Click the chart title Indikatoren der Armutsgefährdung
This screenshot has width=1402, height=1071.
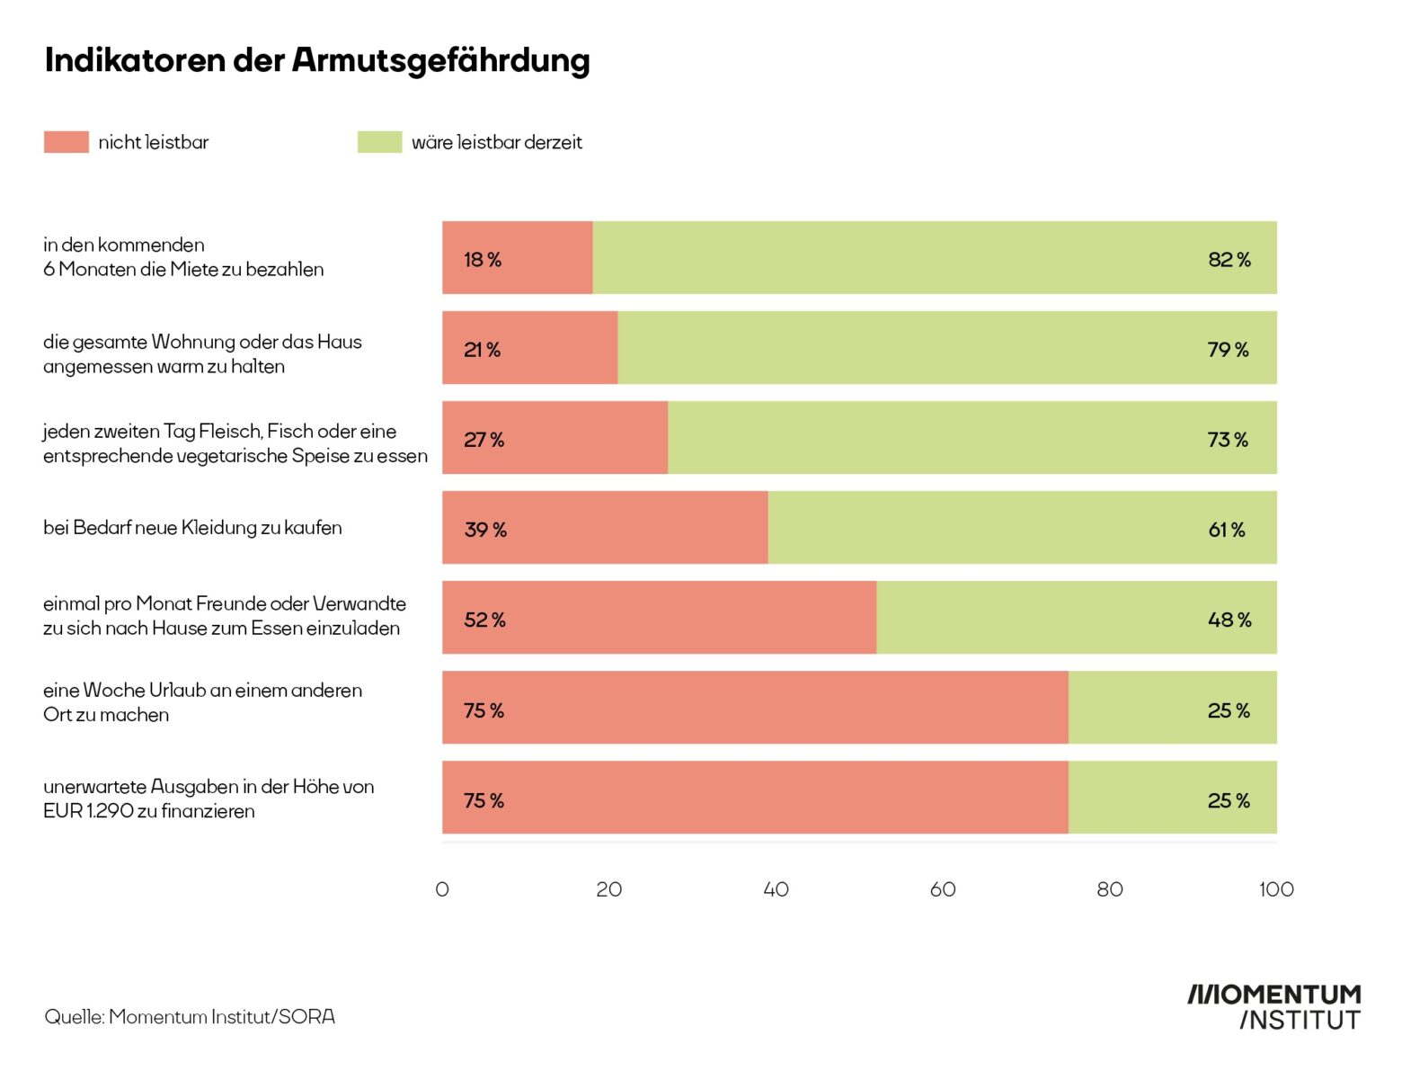tap(317, 60)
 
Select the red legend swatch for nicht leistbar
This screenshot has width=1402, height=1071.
tap(67, 142)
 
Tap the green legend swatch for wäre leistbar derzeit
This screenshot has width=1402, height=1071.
tap(379, 142)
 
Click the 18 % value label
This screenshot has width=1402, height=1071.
tap(483, 260)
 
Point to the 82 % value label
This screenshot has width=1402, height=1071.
tap(1229, 260)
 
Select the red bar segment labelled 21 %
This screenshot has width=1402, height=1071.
tap(530, 348)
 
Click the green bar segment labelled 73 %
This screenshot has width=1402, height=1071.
tap(971, 438)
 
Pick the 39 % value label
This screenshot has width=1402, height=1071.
tap(485, 530)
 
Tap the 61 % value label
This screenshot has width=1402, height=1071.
tap(1227, 530)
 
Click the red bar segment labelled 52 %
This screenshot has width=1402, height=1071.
tap(659, 618)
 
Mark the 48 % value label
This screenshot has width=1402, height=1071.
tap(1229, 620)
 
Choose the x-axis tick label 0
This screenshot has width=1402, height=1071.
tap(442, 889)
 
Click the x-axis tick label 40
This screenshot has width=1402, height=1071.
tap(776, 889)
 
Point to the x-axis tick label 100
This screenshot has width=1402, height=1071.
tap(1276, 889)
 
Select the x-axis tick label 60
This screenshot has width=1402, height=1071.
tap(943, 889)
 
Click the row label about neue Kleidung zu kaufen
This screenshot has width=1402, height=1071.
tap(192, 528)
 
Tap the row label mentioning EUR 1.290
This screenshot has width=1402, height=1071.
tap(209, 799)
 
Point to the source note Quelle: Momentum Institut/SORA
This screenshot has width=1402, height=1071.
tap(190, 1017)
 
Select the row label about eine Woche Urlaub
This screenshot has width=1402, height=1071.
tap(202, 702)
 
